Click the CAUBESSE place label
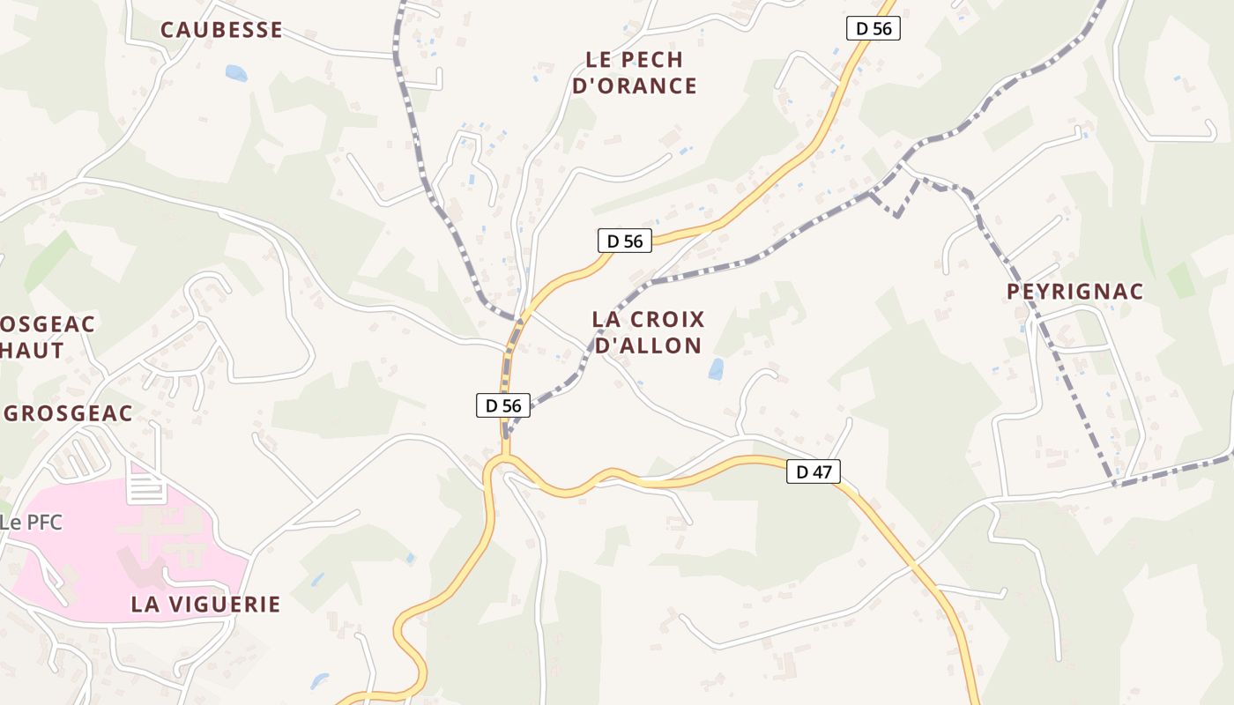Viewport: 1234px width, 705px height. pyautogui.click(x=221, y=30)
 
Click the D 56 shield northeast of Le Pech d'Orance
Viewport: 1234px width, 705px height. pyautogui.click(x=873, y=28)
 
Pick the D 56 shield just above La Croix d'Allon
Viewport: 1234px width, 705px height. pyautogui.click(x=625, y=241)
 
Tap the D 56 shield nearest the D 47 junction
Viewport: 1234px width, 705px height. pyautogui.click(x=503, y=405)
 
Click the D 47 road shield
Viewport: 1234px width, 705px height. pyautogui.click(x=813, y=471)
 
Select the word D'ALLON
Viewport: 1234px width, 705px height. pyautogui.click(x=648, y=345)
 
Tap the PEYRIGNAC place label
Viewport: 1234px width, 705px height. pyautogui.click(x=1074, y=292)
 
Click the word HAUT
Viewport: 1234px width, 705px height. pyautogui.click(x=33, y=350)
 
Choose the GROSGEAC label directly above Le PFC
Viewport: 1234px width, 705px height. pyautogui.click(x=69, y=413)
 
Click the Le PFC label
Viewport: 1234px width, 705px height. pyautogui.click(x=31, y=523)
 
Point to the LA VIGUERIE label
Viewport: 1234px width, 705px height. pyautogui.click(x=205, y=605)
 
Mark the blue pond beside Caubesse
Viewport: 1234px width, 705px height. pyautogui.click(x=236, y=73)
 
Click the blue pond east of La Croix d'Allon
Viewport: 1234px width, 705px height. pyautogui.click(x=716, y=369)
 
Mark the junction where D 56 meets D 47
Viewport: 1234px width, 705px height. pyautogui.click(x=505, y=458)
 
